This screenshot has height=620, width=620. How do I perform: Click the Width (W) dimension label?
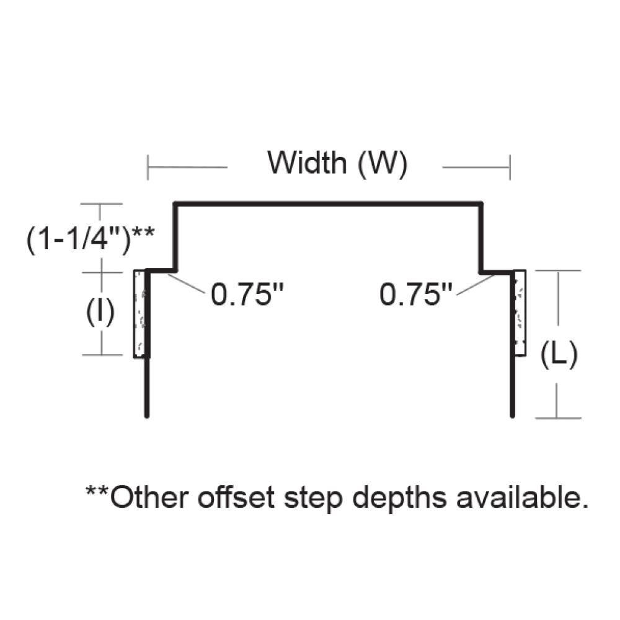point(337,163)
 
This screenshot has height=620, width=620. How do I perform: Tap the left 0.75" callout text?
point(244,294)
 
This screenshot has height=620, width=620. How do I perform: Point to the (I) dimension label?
point(99,314)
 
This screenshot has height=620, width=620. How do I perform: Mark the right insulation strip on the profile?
point(520,312)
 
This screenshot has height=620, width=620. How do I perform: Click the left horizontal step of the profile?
point(162,271)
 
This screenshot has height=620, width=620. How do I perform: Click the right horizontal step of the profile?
point(496,271)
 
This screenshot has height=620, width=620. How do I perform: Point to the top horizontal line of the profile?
point(329,203)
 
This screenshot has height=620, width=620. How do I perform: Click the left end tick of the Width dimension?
point(148,167)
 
